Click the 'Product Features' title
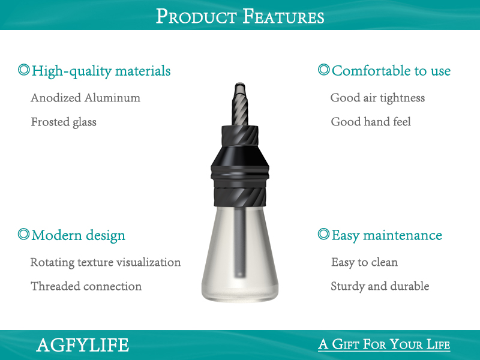click(240, 16)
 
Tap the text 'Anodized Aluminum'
click(85, 98)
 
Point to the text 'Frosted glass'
click(64, 122)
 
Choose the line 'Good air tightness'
click(377, 98)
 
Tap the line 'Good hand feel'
click(371, 122)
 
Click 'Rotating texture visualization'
click(106, 262)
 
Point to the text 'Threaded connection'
click(86, 286)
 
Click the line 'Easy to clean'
click(364, 262)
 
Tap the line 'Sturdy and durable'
click(380, 286)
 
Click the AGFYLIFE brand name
click(82, 345)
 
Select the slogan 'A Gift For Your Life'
click(384, 344)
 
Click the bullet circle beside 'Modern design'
click(23, 234)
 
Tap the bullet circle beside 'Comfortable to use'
click(323, 70)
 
